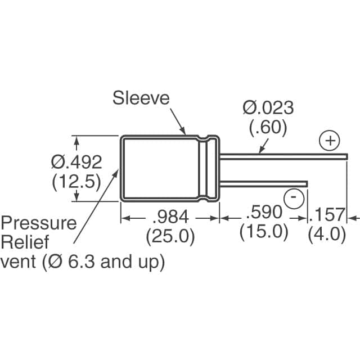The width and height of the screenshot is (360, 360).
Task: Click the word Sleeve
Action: pyautogui.click(x=141, y=98)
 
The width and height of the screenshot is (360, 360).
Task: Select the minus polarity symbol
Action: pyautogui.click(x=294, y=197)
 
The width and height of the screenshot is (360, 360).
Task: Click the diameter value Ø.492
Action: pyautogui.click(x=76, y=162)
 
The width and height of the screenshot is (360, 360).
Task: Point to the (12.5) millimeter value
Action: pyautogui.click(x=76, y=182)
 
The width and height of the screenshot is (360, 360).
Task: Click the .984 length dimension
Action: pyautogui.click(x=170, y=216)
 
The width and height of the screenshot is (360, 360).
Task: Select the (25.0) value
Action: pyautogui.click(x=170, y=236)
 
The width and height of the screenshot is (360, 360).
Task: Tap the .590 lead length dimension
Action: pyautogui.click(x=263, y=213)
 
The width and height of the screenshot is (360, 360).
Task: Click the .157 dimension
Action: pyautogui.click(x=328, y=214)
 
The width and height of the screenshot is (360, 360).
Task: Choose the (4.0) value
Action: pyautogui.click(x=327, y=234)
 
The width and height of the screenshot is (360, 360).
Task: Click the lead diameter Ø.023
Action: pyautogui.click(x=268, y=107)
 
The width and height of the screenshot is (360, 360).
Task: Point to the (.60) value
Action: pyautogui.click(x=268, y=127)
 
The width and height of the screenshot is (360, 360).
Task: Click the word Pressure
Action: pyautogui.click(x=39, y=223)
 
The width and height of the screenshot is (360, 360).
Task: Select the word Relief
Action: pyautogui.click(x=25, y=243)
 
